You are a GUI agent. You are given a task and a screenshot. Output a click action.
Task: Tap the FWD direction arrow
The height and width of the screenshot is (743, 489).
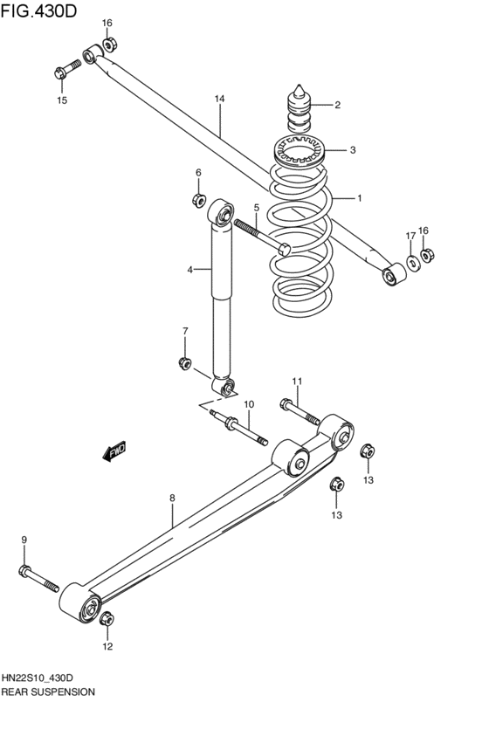[x=115, y=451]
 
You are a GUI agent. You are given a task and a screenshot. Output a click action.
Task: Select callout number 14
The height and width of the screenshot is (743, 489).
[x=219, y=100]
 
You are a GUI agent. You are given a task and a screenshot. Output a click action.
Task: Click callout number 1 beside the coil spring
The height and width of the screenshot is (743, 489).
[x=358, y=198]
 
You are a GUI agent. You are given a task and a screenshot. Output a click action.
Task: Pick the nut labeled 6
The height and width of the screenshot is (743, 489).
[x=199, y=200]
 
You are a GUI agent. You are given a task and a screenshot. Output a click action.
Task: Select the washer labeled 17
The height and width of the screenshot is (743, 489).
[x=410, y=264]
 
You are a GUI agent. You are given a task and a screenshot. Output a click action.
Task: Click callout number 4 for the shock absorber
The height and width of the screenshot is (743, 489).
[x=189, y=270]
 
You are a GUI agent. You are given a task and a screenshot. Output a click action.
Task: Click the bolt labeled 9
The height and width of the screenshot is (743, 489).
[x=37, y=577]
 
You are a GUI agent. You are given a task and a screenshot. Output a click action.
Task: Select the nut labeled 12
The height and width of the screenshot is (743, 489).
[x=107, y=619]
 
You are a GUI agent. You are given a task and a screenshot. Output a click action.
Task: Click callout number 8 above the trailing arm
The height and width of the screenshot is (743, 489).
[x=172, y=498]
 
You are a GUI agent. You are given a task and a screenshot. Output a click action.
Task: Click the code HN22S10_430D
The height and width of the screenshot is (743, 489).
[x=48, y=678]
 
